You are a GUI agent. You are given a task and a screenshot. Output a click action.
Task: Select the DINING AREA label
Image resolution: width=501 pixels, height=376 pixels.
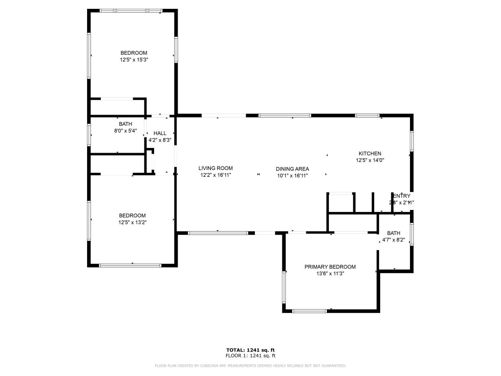pyautogui.click(x=292, y=168)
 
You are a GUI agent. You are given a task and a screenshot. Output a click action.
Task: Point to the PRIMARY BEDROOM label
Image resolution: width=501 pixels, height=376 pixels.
pyautogui.click(x=330, y=267)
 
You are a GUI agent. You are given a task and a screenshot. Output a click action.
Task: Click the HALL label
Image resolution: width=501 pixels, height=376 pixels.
pyautogui.click(x=159, y=133)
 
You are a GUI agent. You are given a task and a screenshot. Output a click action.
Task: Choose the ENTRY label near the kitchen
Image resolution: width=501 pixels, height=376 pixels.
pyautogui.click(x=402, y=195)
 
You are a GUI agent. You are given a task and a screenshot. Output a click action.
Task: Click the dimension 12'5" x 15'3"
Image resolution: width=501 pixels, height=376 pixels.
pyautogui.click(x=134, y=60)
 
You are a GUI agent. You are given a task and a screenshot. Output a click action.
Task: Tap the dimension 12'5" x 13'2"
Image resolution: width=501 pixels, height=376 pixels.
pyautogui.click(x=133, y=222)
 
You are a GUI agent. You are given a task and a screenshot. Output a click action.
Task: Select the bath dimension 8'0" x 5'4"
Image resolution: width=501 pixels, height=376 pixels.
pyautogui.click(x=125, y=131)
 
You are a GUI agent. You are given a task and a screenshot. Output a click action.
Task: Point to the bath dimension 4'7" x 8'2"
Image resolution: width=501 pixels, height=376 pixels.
pyautogui.click(x=393, y=240)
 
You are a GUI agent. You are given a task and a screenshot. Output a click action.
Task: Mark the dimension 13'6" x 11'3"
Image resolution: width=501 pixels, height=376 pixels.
pyautogui.click(x=330, y=274)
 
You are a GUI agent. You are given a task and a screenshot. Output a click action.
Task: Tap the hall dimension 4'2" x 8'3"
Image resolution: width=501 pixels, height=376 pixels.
pyautogui.click(x=159, y=140)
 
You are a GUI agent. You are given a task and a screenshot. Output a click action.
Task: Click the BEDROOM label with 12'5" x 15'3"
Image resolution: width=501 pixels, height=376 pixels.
pyautogui.click(x=134, y=53)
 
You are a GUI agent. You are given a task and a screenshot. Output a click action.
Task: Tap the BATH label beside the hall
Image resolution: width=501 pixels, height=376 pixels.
pyautogui.click(x=125, y=124)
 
